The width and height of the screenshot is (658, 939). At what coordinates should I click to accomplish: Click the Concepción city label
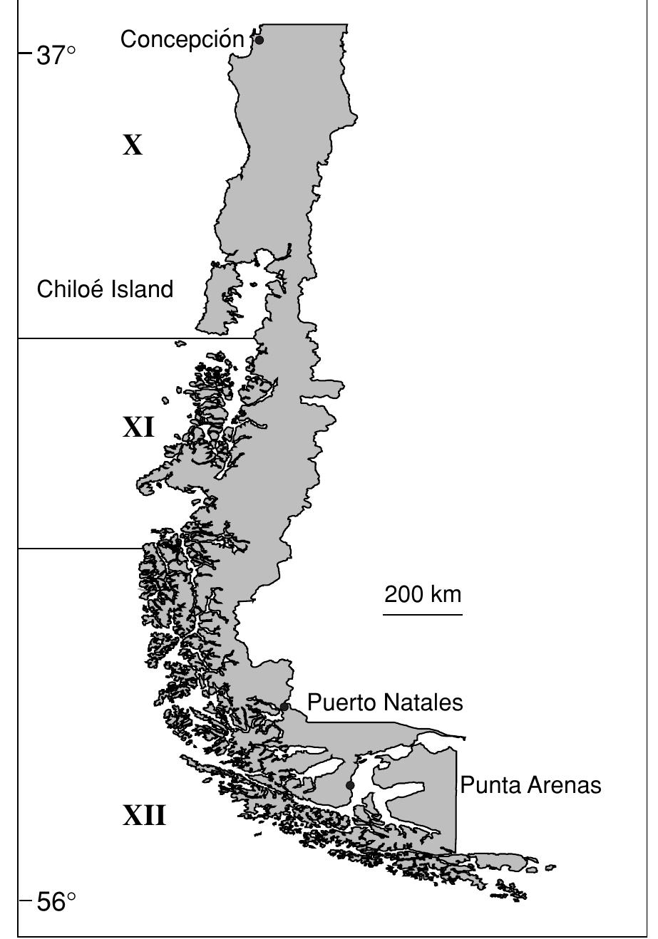(183, 40)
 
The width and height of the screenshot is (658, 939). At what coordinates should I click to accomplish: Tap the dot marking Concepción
(259, 40)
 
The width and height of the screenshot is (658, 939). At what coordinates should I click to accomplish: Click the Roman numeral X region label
(133, 146)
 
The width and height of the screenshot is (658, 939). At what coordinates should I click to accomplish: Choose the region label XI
(138, 428)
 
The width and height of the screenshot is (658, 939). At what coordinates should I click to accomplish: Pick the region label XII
(145, 815)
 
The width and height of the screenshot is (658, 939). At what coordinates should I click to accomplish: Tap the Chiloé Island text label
(105, 289)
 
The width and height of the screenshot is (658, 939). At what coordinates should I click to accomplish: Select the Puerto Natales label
(385, 702)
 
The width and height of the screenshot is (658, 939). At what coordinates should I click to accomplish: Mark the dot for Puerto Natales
(284, 706)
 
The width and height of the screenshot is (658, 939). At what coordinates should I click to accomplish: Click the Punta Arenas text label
(530, 785)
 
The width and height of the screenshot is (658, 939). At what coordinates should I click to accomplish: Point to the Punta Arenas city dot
(350, 785)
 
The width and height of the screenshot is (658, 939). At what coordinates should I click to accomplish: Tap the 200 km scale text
(423, 593)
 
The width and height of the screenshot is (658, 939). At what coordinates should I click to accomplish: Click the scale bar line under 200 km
(423, 611)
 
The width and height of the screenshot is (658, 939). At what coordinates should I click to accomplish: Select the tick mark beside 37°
(24, 52)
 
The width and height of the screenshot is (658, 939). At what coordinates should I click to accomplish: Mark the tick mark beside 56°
(24, 902)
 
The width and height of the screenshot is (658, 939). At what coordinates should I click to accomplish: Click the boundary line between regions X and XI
(135, 338)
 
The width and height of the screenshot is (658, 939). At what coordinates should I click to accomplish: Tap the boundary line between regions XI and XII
(78, 549)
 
